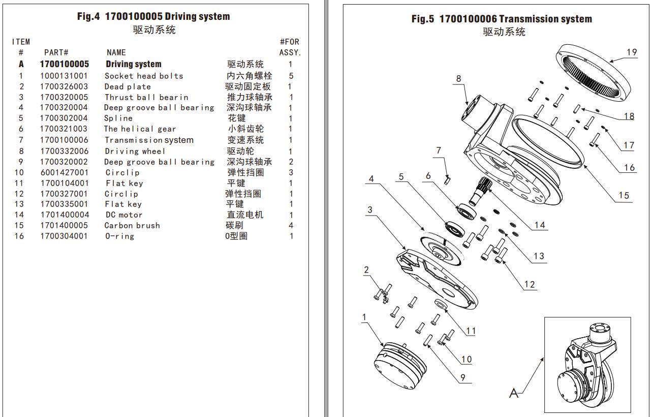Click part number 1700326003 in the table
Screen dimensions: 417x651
(64, 86)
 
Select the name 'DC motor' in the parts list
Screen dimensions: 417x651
(123, 215)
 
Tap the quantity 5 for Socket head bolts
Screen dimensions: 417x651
(291, 76)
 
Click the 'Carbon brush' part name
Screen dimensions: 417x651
(132, 226)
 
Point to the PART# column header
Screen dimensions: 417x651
(56, 52)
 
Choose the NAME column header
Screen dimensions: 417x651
(116, 52)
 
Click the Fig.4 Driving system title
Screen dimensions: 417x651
(153, 16)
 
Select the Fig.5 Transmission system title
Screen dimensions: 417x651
(502, 19)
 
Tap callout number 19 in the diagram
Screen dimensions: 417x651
(632, 52)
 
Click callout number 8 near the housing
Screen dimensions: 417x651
(459, 79)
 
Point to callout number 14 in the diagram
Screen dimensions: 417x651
(539, 225)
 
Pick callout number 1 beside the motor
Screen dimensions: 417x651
(364, 317)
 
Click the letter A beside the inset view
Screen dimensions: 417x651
(514, 393)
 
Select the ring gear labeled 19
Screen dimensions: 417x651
(590, 71)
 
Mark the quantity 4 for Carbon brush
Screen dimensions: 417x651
(291, 226)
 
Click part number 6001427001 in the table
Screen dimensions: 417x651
(64, 172)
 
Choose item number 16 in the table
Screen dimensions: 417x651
(19, 236)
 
